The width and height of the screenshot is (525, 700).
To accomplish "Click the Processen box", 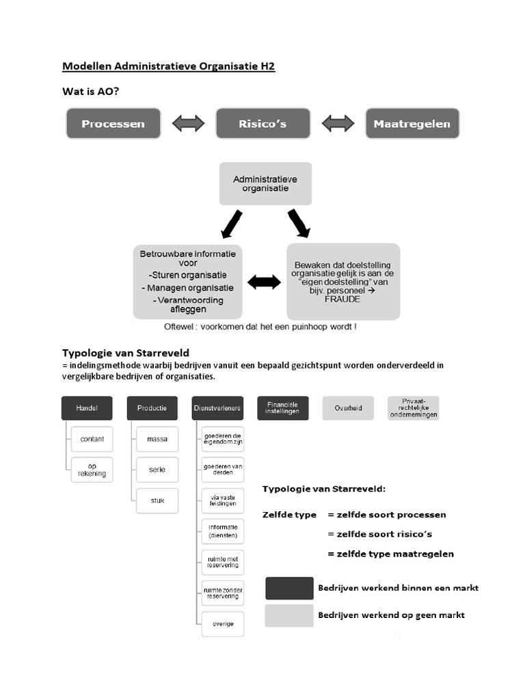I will (113, 124).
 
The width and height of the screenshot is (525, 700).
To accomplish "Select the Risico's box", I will (262, 124).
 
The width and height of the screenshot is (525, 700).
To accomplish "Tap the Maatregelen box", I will (412, 124).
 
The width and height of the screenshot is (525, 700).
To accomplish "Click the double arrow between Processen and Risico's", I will (188, 124).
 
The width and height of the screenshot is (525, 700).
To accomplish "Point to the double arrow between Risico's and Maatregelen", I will (338, 124).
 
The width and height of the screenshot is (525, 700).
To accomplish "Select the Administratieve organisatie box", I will (265, 183).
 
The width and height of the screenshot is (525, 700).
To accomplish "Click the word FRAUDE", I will (342, 299).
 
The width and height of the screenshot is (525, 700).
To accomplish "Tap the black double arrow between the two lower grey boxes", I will (264, 282).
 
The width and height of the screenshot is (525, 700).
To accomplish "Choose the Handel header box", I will (87, 408).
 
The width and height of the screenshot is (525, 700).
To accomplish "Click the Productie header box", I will (152, 408).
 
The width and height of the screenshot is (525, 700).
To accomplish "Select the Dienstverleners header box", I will (217, 408).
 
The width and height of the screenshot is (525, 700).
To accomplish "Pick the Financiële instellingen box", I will (282, 408).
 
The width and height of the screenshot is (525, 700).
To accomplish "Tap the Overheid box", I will (348, 408).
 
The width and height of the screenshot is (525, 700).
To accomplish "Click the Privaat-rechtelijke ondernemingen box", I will (413, 408).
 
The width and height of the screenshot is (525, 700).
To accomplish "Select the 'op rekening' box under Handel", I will (92, 470).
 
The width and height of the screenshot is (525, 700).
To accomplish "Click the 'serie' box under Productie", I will (157, 470).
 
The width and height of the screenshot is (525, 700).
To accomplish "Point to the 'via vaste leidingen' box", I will (223, 500).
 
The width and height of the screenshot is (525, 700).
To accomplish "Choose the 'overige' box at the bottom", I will (223, 623).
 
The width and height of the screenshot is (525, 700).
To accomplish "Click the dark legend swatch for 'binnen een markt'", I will (289, 588).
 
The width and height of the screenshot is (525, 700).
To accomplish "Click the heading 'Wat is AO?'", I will (92, 91).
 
